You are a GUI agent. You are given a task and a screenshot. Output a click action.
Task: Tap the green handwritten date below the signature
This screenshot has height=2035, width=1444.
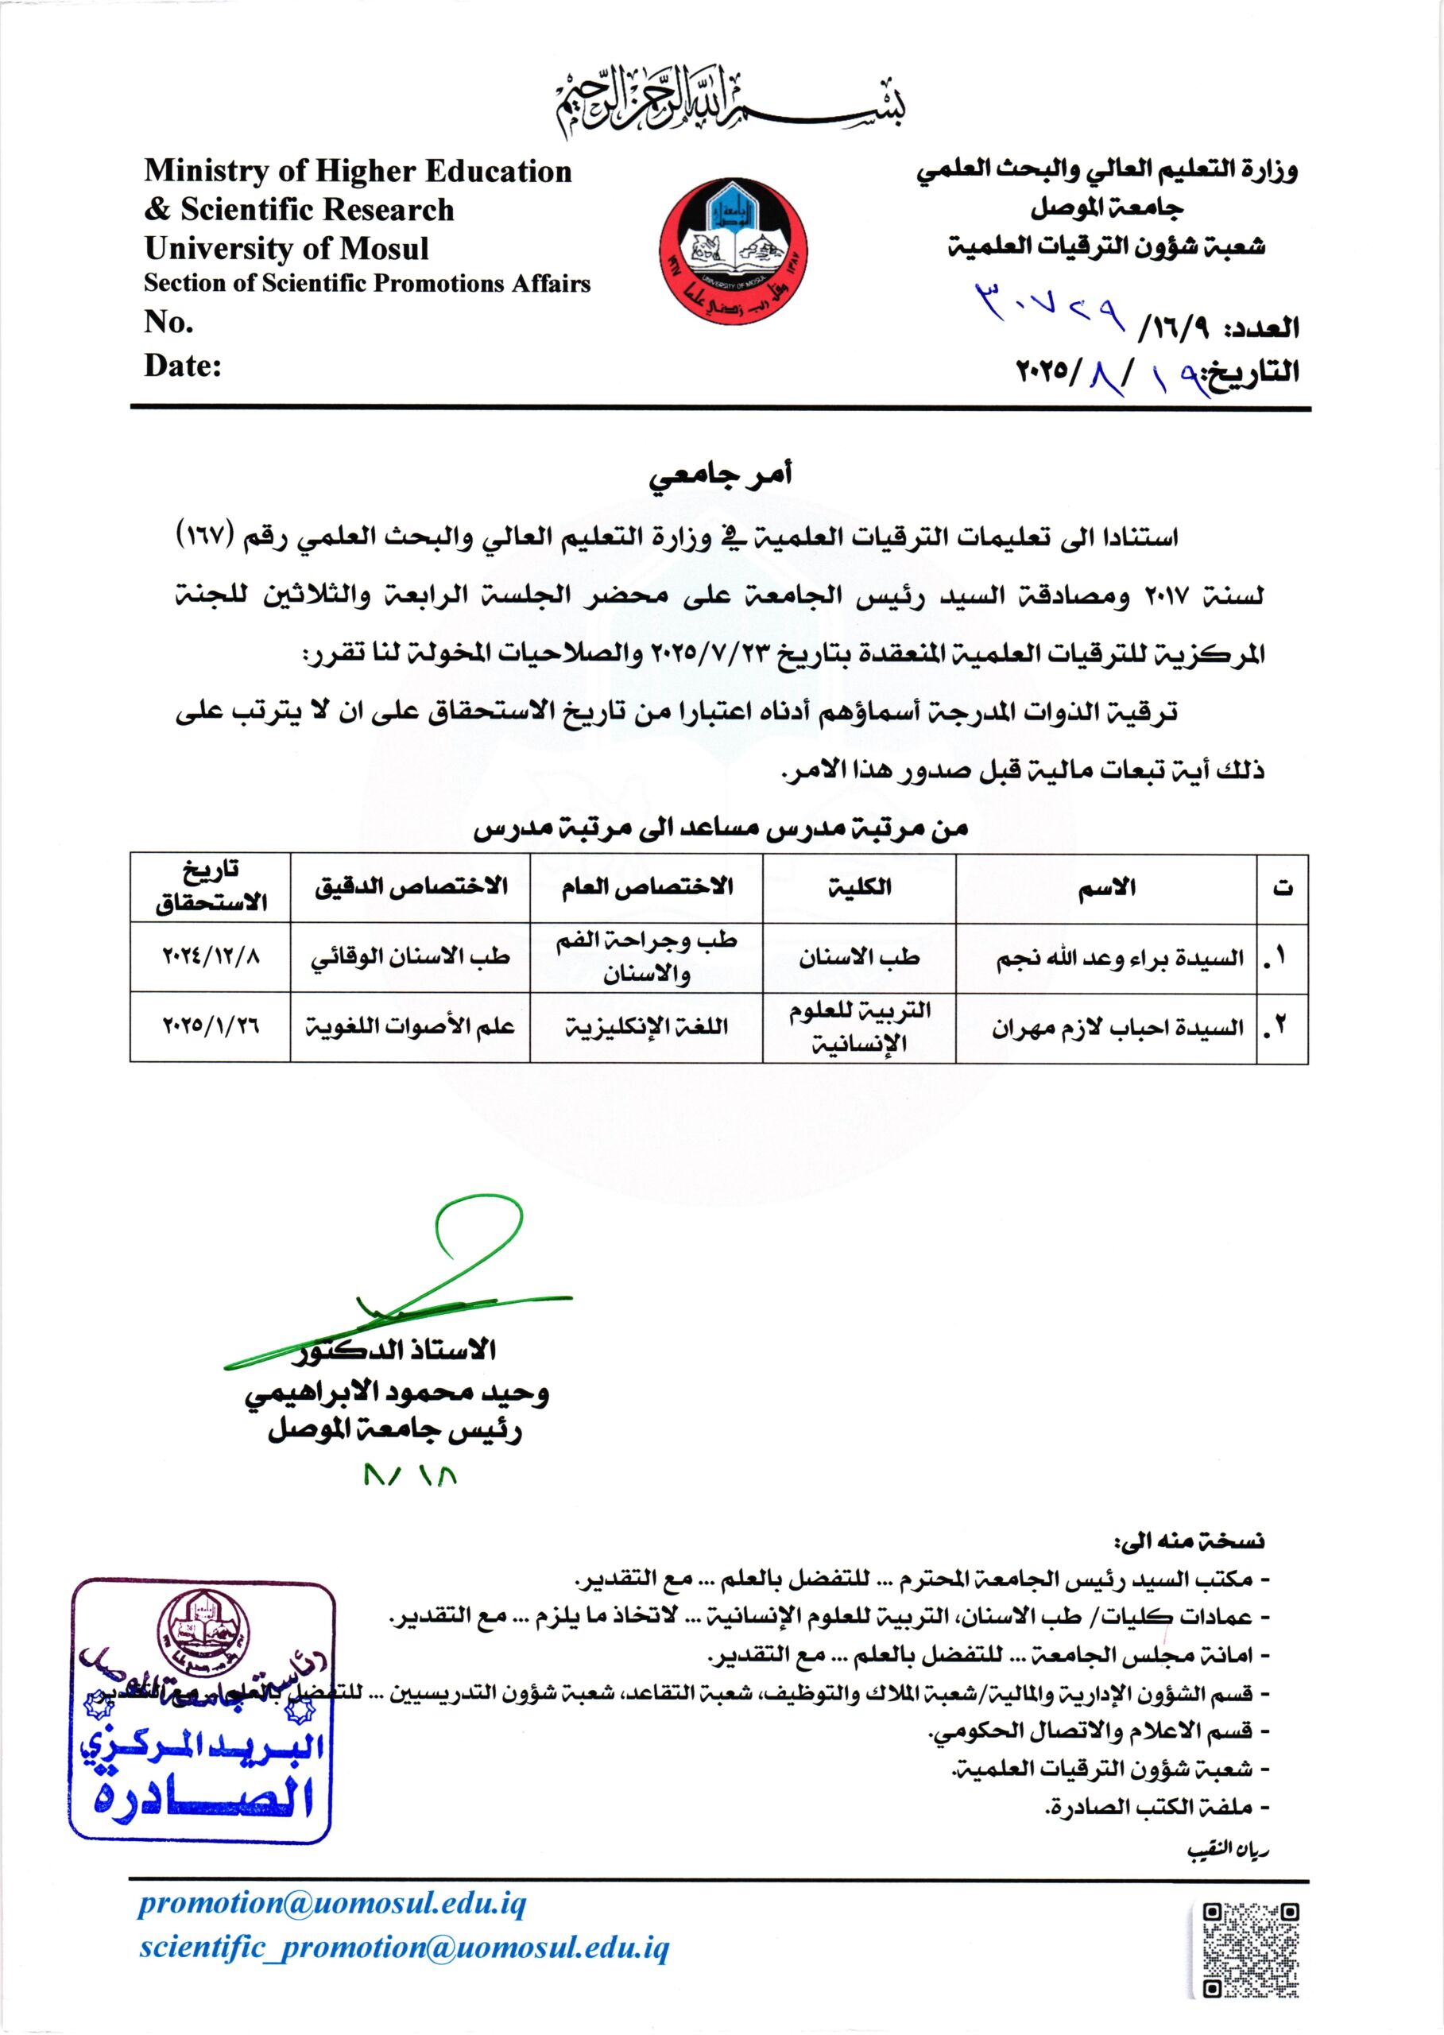[x=411, y=1475]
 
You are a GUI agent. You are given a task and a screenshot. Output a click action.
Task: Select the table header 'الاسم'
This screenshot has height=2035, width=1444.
[x=1106, y=888]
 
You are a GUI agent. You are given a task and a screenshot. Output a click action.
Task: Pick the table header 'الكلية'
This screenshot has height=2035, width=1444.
[x=859, y=888]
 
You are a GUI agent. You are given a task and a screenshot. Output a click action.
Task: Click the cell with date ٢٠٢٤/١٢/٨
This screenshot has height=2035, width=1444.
[x=211, y=957]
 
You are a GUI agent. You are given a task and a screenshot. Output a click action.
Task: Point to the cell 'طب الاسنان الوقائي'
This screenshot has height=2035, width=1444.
[x=410, y=957]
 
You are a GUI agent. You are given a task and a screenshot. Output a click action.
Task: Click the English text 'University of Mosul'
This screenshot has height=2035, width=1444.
[x=286, y=248]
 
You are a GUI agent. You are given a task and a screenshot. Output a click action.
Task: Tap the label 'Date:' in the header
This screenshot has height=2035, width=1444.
[x=182, y=366]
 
